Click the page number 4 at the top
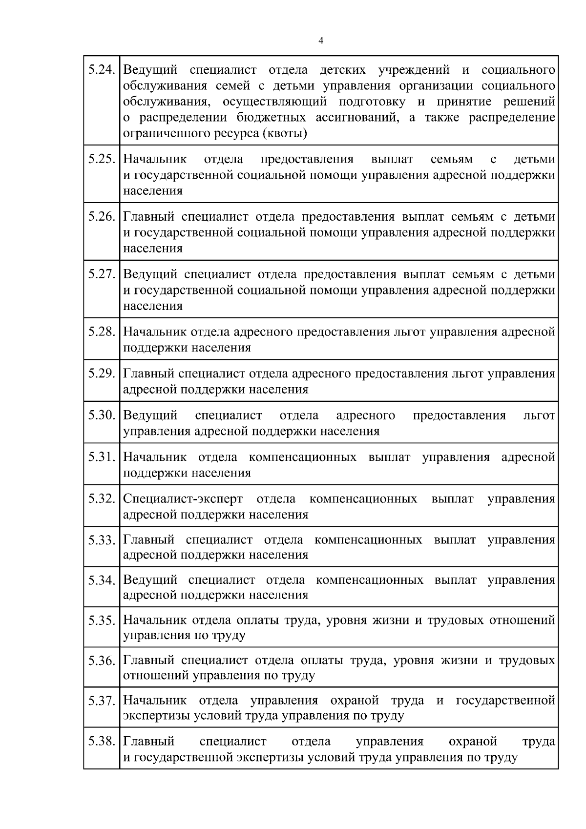pos(320,41)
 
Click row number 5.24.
pos(102,70)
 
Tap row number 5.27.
pos(102,274)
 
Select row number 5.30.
pos(102,415)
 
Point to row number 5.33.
pos(102,540)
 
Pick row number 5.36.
pos(102,661)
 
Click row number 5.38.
pos(102,741)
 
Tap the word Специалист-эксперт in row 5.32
pos(183,499)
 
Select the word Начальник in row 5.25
pos(155,159)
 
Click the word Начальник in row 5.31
pos(155,457)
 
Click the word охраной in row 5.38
pos(472,741)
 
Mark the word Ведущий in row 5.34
pos(150,580)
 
